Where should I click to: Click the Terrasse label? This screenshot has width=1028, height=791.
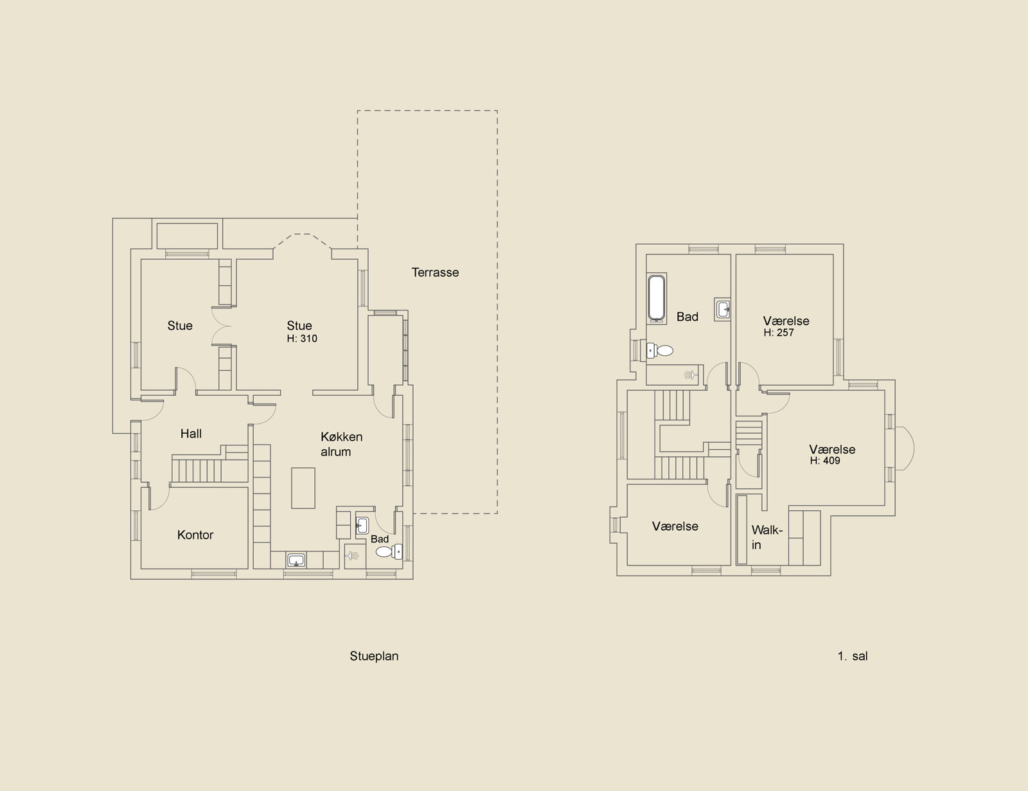click(435, 272)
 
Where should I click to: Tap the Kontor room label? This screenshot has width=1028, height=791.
click(195, 535)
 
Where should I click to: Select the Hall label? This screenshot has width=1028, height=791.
click(191, 434)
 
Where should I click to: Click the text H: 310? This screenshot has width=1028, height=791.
click(302, 339)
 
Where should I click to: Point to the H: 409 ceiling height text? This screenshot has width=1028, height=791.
click(825, 461)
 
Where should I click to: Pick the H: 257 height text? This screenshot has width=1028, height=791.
click(779, 333)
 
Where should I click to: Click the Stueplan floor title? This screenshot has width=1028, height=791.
click(374, 656)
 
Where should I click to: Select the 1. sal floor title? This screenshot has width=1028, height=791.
click(853, 656)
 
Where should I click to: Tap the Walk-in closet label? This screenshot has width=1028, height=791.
click(767, 537)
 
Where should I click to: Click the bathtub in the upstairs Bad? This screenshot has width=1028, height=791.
click(657, 299)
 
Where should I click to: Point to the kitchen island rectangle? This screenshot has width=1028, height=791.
click(303, 488)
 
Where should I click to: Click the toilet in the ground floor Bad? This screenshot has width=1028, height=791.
click(389, 551)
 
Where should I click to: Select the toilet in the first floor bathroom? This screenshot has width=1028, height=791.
click(660, 351)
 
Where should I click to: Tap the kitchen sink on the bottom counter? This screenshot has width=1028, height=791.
click(297, 560)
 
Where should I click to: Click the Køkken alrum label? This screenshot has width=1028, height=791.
click(342, 444)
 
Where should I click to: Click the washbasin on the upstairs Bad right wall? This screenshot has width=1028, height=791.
click(722, 310)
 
